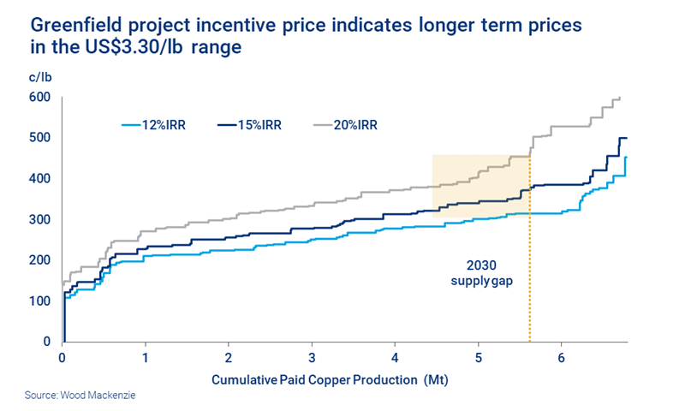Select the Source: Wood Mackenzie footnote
(x=74, y=397)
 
